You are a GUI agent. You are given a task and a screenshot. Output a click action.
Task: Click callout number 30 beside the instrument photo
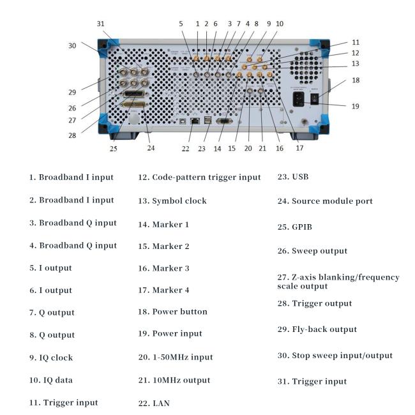pyautogui.click(x=72, y=45)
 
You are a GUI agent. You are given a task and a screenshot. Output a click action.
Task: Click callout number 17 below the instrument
pyautogui.click(x=299, y=148)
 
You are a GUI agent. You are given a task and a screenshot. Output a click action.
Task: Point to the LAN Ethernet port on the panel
pyautogui.click(x=186, y=121)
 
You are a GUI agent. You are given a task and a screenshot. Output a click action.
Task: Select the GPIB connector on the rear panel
pyautogui.click(x=133, y=103)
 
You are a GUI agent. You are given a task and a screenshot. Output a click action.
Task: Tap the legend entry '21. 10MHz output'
pyautogui.click(x=175, y=380)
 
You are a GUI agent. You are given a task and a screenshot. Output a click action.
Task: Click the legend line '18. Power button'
pyautogui.click(x=172, y=312)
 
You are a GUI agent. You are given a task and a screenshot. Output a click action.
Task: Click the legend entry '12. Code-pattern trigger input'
pyautogui.click(x=199, y=177)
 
